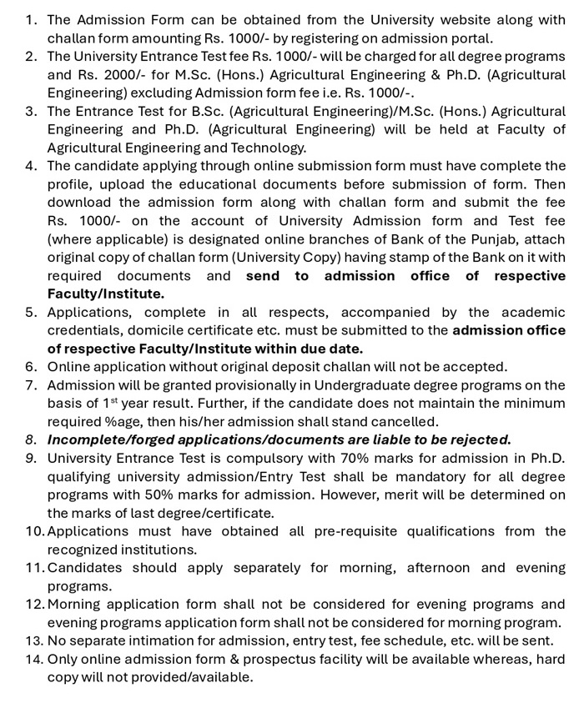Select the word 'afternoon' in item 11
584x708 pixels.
pyautogui.click(x=443, y=568)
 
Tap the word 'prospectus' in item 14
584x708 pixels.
pyautogui.click(x=254, y=659)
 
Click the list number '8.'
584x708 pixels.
pyautogui.click(x=31, y=439)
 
